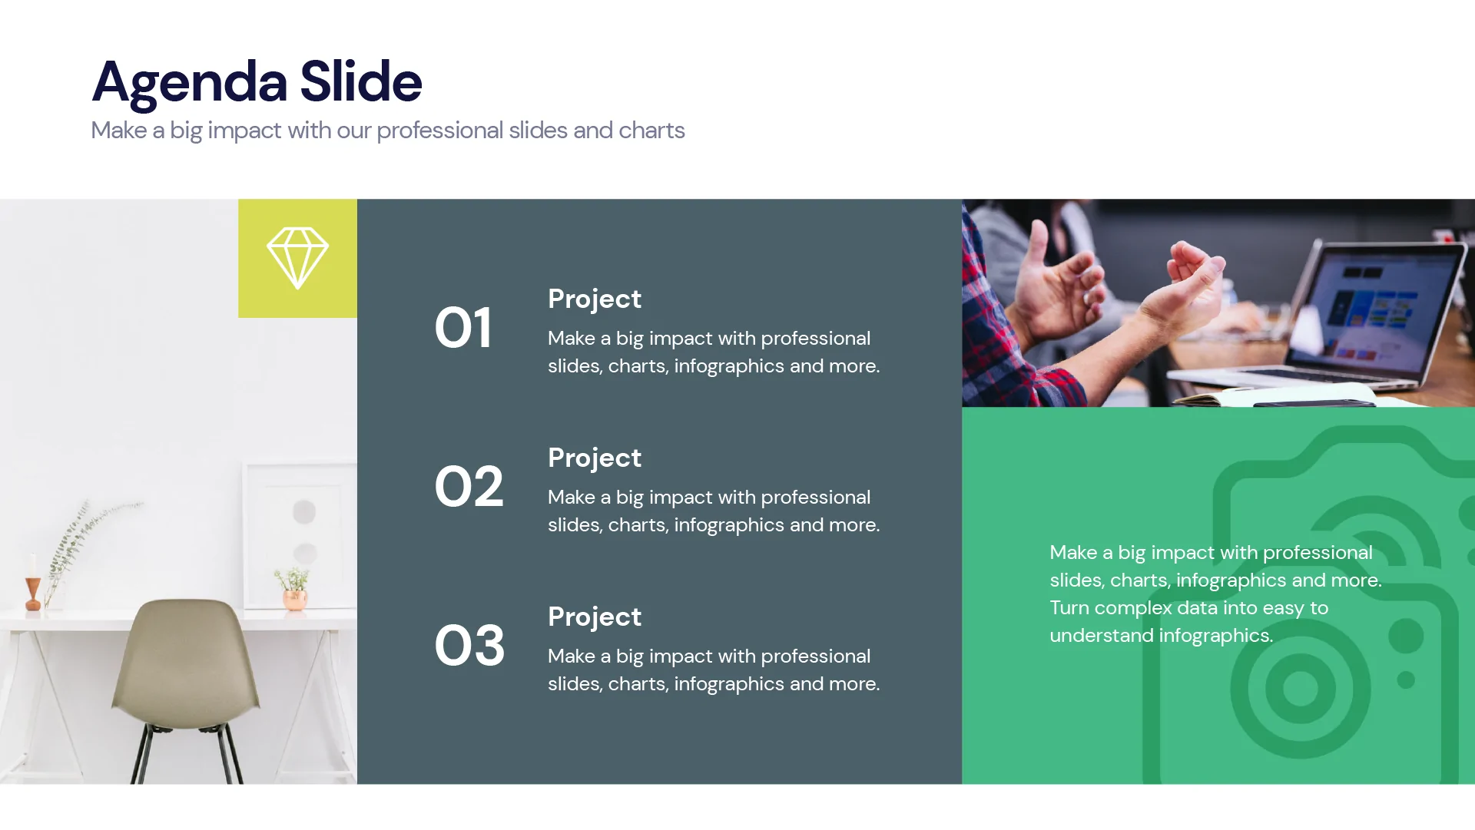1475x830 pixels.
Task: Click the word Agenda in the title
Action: [x=190, y=82]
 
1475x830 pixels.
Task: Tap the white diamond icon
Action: [x=297, y=258]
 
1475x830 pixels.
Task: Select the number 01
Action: [x=462, y=328]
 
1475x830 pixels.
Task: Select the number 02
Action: [x=469, y=487]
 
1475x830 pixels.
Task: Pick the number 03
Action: [x=469, y=646]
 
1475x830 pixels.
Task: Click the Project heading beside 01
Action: [x=594, y=299]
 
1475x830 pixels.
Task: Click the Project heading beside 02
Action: [x=594, y=458]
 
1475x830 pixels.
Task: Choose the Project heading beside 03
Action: [x=594, y=617]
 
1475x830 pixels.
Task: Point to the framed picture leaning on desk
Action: [x=300, y=530]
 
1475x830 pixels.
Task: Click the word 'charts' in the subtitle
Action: [x=651, y=131]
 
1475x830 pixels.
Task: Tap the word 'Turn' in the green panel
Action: [x=1069, y=608]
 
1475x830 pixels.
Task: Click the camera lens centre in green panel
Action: [x=1300, y=688]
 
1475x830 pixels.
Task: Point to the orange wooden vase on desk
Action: [x=32, y=591]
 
